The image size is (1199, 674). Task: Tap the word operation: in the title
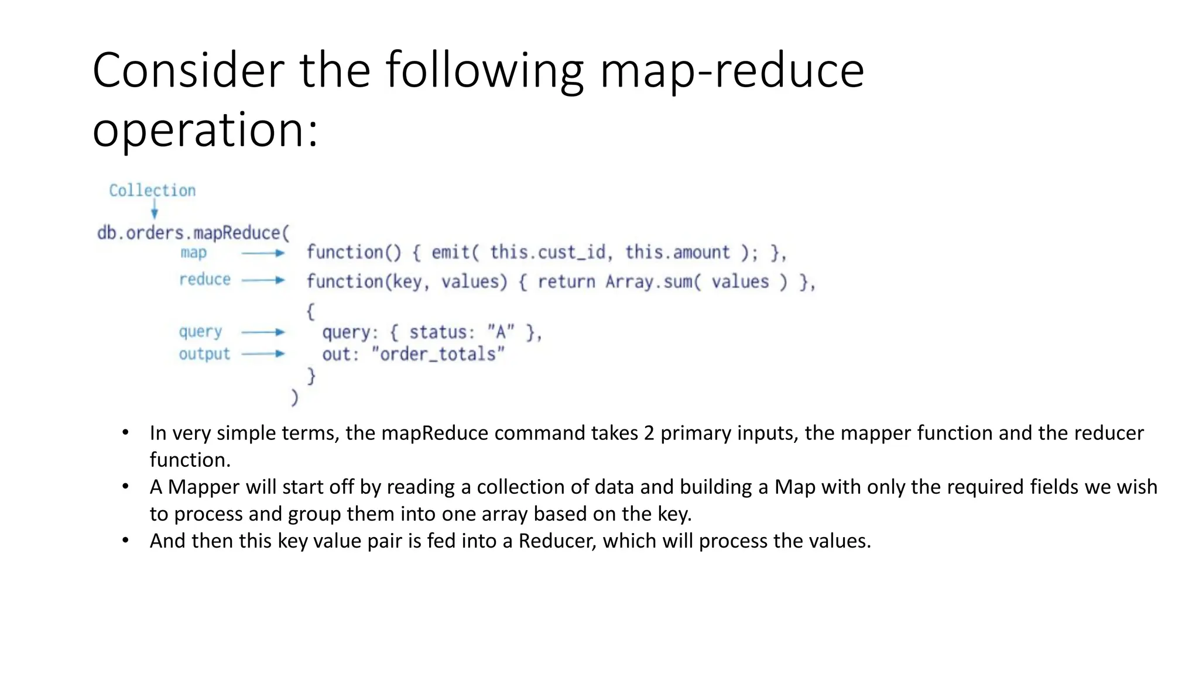point(205,130)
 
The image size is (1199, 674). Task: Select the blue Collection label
point(152,191)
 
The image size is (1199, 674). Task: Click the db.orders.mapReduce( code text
point(193,233)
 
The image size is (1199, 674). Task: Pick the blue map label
point(193,253)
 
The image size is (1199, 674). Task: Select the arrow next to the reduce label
point(263,280)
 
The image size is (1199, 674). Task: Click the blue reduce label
point(205,280)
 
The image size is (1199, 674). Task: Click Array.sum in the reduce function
point(650,282)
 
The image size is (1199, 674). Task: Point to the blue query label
point(200,332)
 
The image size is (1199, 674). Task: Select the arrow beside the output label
point(263,354)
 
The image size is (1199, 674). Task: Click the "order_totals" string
point(438,354)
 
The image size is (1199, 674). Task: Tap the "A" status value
point(501,332)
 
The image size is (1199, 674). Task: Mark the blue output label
point(204,354)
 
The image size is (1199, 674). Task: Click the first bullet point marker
point(125,433)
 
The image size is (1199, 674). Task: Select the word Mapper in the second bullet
point(204,487)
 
